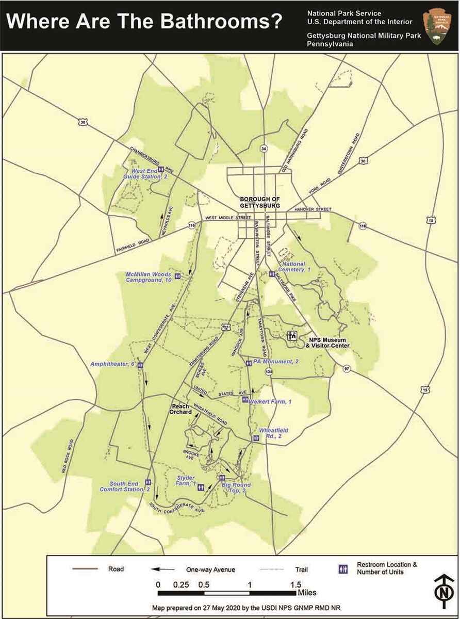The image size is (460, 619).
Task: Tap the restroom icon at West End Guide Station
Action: point(161,169)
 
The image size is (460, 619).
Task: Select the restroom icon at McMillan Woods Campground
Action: point(177,276)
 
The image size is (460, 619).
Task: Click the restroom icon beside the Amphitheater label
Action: point(140,365)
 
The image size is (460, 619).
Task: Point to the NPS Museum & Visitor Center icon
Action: point(292,336)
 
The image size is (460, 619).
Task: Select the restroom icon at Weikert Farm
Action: point(245,399)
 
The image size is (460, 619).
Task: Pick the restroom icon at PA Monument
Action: point(249,363)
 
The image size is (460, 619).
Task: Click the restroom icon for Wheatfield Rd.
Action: point(256,438)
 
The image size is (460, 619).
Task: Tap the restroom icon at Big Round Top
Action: point(224,478)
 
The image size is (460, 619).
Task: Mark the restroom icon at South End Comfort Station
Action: point(148,482)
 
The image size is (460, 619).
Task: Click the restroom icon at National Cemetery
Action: point(271,274)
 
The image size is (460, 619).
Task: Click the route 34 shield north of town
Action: point(264,149)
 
